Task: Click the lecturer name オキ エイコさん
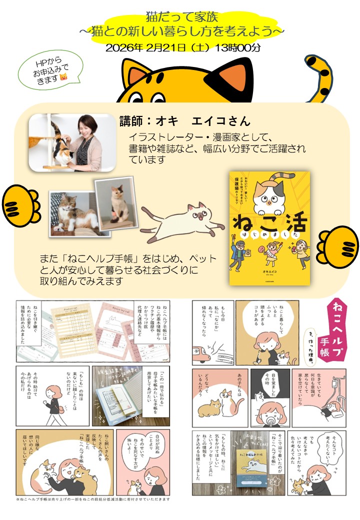184,121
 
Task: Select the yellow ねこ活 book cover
269,228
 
